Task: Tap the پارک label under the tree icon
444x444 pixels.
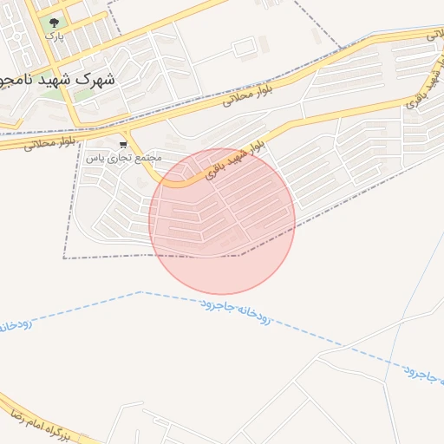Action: pos(55,37)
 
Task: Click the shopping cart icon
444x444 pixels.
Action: pos(124,144)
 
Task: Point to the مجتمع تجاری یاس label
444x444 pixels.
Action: pos(125,157)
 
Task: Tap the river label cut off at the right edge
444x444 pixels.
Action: pos(424,374)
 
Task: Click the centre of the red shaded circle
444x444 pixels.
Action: pos(222,221)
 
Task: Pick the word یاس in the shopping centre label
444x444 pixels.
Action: pos(97,157)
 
